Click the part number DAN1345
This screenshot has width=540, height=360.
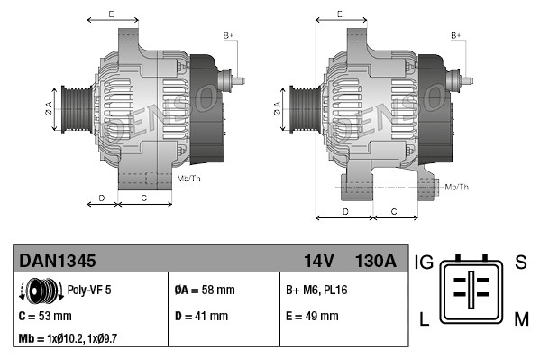coord(58,262)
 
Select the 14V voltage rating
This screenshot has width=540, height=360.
coord(319,262)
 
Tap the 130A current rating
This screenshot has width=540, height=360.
coord(377,262)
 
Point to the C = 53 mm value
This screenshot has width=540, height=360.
coord(45,316)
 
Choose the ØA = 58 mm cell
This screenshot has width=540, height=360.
coord(204,291)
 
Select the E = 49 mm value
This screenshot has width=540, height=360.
coord(312,316)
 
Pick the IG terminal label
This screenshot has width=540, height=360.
coord(424,263)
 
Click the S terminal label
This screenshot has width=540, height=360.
coord(519,263)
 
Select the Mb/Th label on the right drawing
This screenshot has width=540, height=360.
coord(457,187)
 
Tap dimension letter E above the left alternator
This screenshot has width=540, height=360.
coord(111,14)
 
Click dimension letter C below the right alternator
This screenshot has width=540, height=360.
coord(395,210)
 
